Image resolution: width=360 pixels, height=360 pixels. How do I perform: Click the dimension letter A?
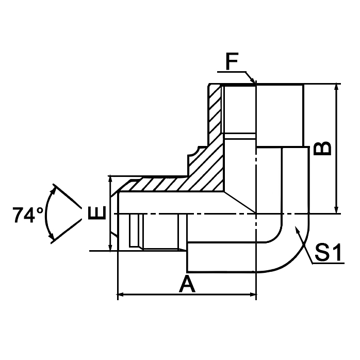click(x=187, y=284)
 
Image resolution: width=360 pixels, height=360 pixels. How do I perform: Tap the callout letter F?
click(x=233, y=63)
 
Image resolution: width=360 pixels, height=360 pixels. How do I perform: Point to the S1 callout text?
click(x=329, y=253)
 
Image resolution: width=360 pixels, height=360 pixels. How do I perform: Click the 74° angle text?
click(x=28, y=214)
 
